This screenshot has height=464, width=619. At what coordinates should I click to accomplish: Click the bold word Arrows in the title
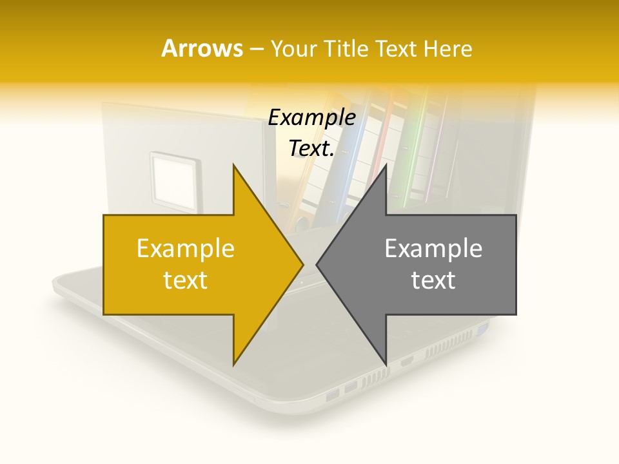point(202,48)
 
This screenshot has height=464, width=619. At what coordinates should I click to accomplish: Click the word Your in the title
point(293,49)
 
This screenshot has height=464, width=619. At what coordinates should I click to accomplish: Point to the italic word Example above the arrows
point(311,118)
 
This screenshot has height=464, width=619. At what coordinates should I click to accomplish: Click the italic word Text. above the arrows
point(311,149)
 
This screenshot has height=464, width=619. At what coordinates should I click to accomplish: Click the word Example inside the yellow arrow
point(185,248)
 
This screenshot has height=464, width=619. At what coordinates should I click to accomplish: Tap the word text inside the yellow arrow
point(185,280)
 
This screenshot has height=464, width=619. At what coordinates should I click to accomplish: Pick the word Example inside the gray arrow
point(433,248)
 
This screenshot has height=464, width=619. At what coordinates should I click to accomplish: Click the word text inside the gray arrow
point(433,280)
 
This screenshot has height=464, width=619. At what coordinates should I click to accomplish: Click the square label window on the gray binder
point(172,175)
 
